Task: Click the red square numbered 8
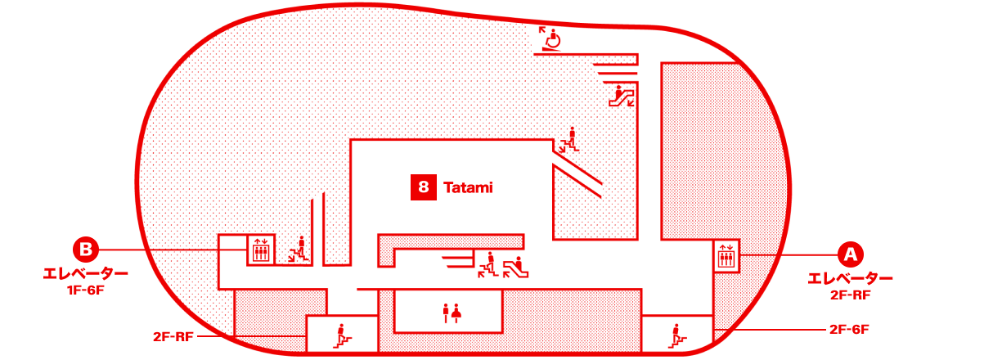(423, 187)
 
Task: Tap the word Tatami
(468, 187)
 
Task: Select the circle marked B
(86, 249)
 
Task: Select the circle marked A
(850, 254)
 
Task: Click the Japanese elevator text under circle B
(86, 273)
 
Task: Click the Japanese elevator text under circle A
(850, 278)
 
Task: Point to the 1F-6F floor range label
(86, 290)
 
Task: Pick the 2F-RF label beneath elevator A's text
(851, 295)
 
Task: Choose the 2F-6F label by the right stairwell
(849, 330)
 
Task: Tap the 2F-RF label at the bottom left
(173, 336)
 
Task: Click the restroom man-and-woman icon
(452, 313)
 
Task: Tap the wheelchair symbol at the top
(550, 39)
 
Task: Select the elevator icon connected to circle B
(261, 250)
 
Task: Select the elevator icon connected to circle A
(726, 256)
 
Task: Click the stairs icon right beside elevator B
(299, 251)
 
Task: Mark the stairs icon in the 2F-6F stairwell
(676, 336)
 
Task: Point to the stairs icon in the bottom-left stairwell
(342, 336)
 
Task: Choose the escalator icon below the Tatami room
(515, 268)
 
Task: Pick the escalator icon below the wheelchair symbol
(622, 96)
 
